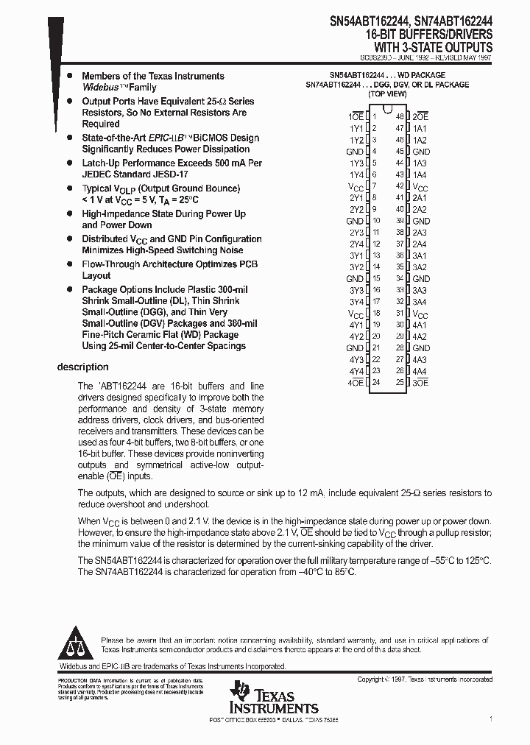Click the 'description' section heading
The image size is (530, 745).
(x=83, y=367)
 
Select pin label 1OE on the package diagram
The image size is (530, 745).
(x=356, y=116)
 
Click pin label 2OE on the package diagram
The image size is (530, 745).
(x=420, y=116)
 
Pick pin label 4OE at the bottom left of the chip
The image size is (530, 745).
(x=356, y=382)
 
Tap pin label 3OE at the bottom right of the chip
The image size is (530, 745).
(x=420, y=382)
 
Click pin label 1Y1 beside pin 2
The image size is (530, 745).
(x=356, y=128)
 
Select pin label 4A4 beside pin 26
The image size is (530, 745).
(x=420, y=371)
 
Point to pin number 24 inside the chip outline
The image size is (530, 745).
(x=376, y=382)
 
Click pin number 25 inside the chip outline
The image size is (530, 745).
(x=400, y=382)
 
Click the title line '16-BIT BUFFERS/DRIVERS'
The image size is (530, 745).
(x=429, y=34)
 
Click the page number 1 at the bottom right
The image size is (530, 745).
(x=491, y=718)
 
